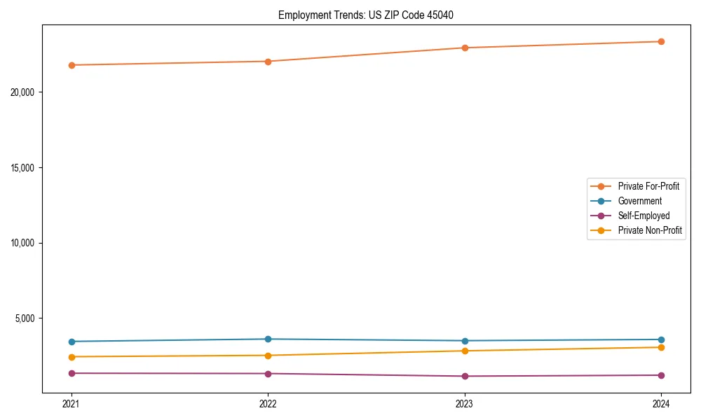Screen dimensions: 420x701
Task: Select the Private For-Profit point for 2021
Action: [x=72, y=65]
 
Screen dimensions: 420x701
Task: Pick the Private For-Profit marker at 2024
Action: [x=661, y=41]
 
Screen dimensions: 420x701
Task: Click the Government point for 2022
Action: [x=268, y=339]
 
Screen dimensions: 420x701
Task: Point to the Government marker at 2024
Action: [x=661, y=339]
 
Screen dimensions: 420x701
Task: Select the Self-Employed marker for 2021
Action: [x=72, y=373]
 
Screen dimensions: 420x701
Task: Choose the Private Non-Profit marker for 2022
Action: [x=268, y=356]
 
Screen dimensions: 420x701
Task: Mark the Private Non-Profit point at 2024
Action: [x=661, y=347]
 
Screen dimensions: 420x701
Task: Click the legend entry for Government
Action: [x=639, y=201]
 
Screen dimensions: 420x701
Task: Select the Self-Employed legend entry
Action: [x=644, y=216]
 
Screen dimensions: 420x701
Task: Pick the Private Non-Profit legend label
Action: [x=650, y=230]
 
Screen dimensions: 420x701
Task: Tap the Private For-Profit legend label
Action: [x=648, y=186]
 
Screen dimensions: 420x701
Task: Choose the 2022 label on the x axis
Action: [x=268, y=403]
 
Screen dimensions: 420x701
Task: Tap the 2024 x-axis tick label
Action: [x=661, y=403]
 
